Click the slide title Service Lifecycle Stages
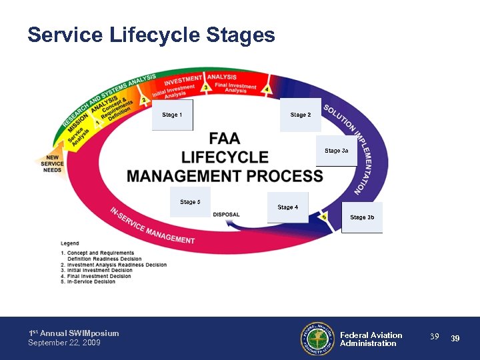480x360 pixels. [151, 35]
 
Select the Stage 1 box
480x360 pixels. [172, 115]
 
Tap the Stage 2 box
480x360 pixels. [300, 115]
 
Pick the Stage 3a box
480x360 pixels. [336, 151]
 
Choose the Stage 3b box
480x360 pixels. [362, 217]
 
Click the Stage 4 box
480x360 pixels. [287, 207]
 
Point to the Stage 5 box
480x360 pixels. [190, 202]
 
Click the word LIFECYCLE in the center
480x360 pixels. [225, 157]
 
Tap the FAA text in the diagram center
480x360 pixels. [225, 139]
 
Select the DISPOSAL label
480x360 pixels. [226, 215]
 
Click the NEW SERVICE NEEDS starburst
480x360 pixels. [52, 163]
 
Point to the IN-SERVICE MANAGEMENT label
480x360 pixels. [153, 225]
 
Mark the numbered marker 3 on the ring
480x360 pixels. [207, 87]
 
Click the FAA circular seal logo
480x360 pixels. [317, 339]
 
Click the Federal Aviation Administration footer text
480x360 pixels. [371, 339]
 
